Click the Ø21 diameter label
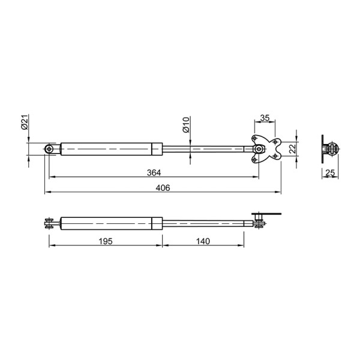25,122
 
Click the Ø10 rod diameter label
186,125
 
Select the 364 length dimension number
154,172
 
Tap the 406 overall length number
163,188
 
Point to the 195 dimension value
106,241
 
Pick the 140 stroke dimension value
203,241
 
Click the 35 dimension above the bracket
265,118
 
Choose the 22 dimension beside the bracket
292,149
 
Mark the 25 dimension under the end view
330,172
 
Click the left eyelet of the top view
49,149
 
